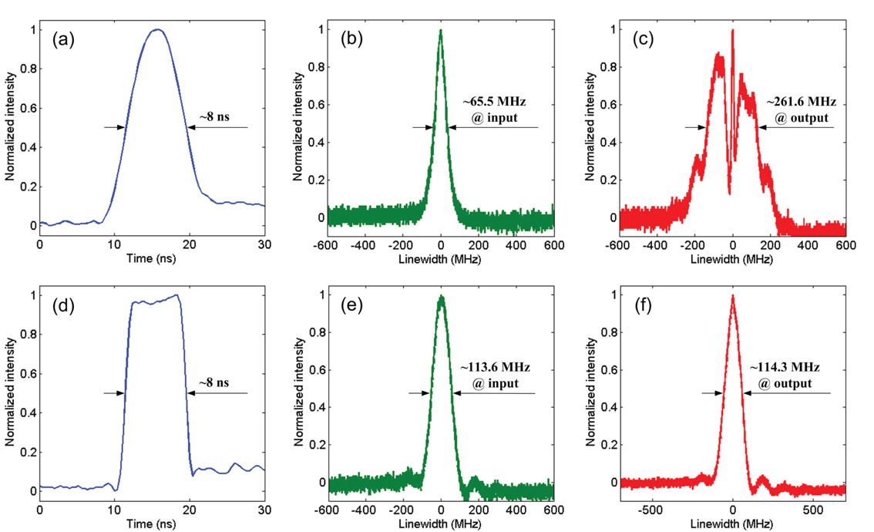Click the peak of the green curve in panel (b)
point(441,31)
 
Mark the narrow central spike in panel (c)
point(732,31)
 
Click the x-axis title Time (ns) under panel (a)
point(152,260)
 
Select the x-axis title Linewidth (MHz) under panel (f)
point(733,524)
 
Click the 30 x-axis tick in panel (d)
point(264,510)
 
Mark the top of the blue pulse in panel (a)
point(158,30)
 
